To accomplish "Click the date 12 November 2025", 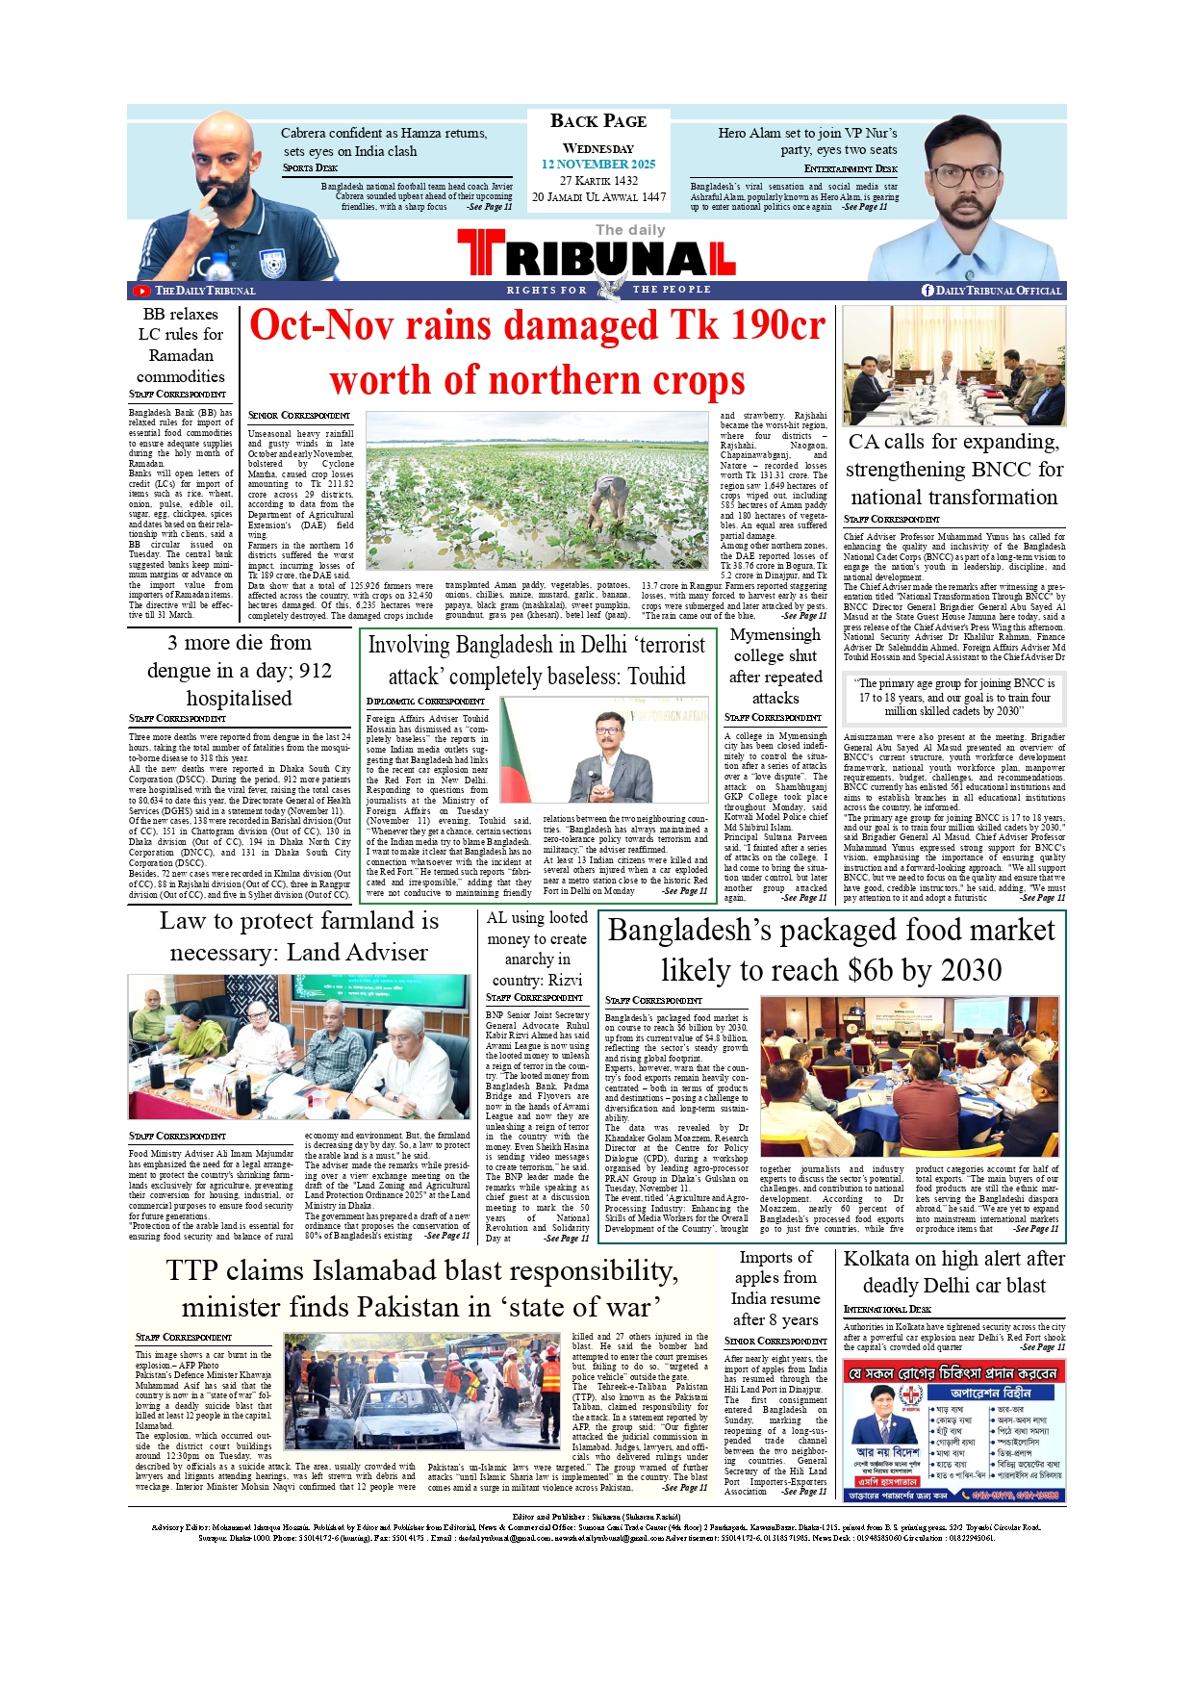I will pos(597,165).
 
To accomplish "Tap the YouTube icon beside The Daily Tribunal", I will pos(141,291).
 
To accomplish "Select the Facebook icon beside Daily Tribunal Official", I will pos(927,291).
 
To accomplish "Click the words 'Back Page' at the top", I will pos(597,121).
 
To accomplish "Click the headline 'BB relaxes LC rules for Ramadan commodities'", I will pos(181,345).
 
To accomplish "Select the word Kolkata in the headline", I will pos(876,1259).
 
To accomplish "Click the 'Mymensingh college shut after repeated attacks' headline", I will pos(775,666).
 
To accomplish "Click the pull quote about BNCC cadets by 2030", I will pos(953,697).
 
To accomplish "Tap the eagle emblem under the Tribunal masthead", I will pos(607,288).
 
